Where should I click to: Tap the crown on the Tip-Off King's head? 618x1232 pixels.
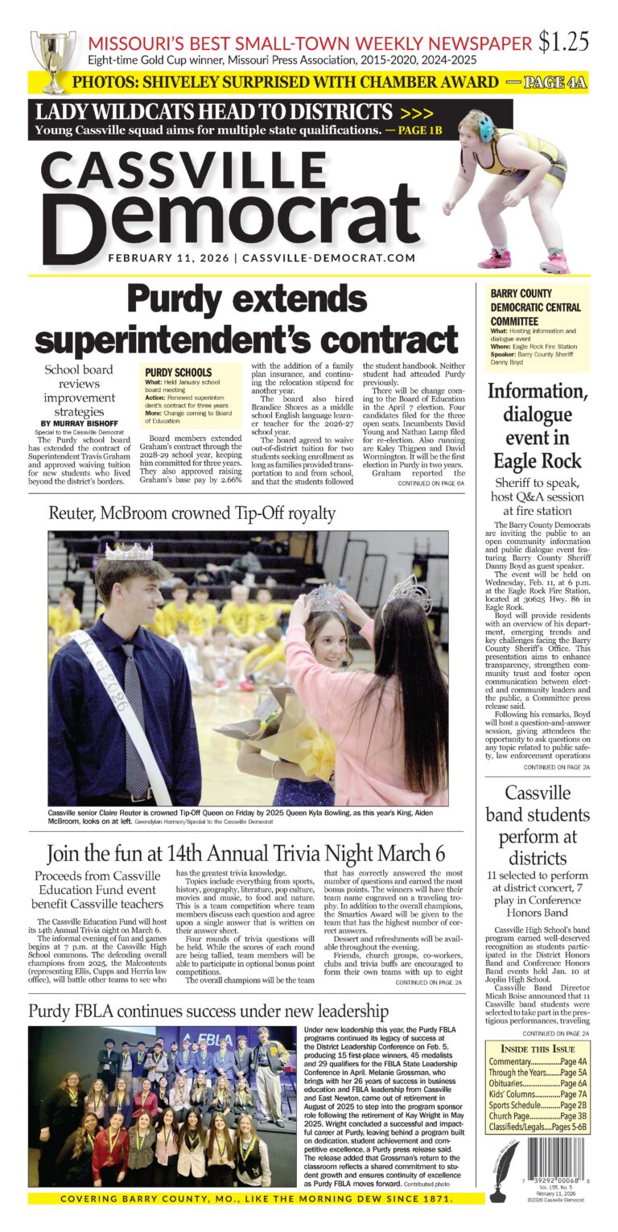point(129,552)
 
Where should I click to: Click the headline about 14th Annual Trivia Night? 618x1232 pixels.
point(246,853)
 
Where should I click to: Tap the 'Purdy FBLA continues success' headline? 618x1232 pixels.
point(208,1011)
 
